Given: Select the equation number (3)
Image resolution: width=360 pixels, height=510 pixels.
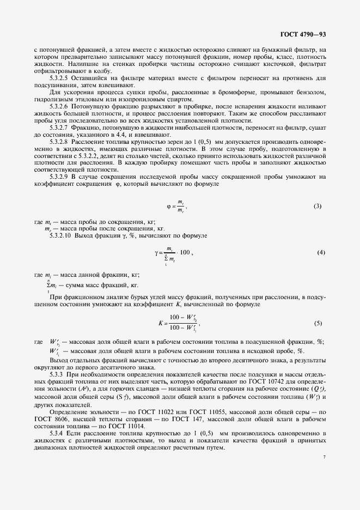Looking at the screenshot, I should point(318,206).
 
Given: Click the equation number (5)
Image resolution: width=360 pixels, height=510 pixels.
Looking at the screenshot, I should point(318,323).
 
